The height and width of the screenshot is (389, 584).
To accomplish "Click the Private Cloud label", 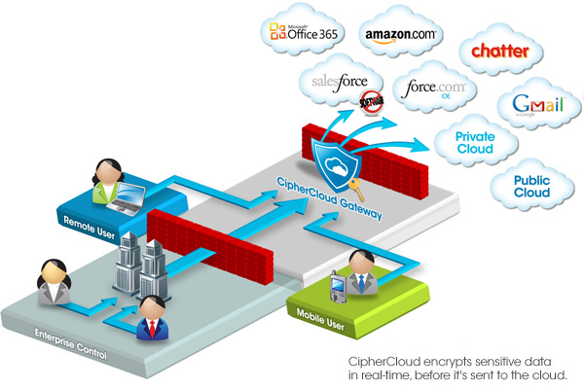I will tap(475, 144).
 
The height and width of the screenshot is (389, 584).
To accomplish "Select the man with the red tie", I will tap(153, 319).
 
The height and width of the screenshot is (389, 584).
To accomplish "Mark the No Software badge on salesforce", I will tap(371, 103).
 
